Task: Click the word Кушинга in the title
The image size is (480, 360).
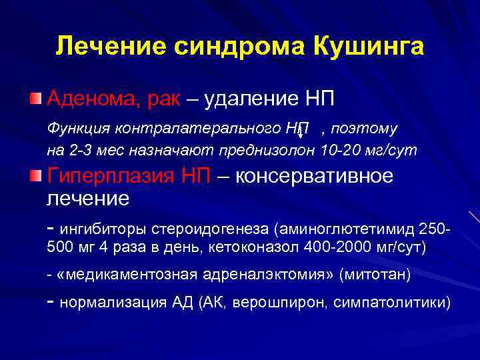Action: [368, 47]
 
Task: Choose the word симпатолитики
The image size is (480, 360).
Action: [391, 302]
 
